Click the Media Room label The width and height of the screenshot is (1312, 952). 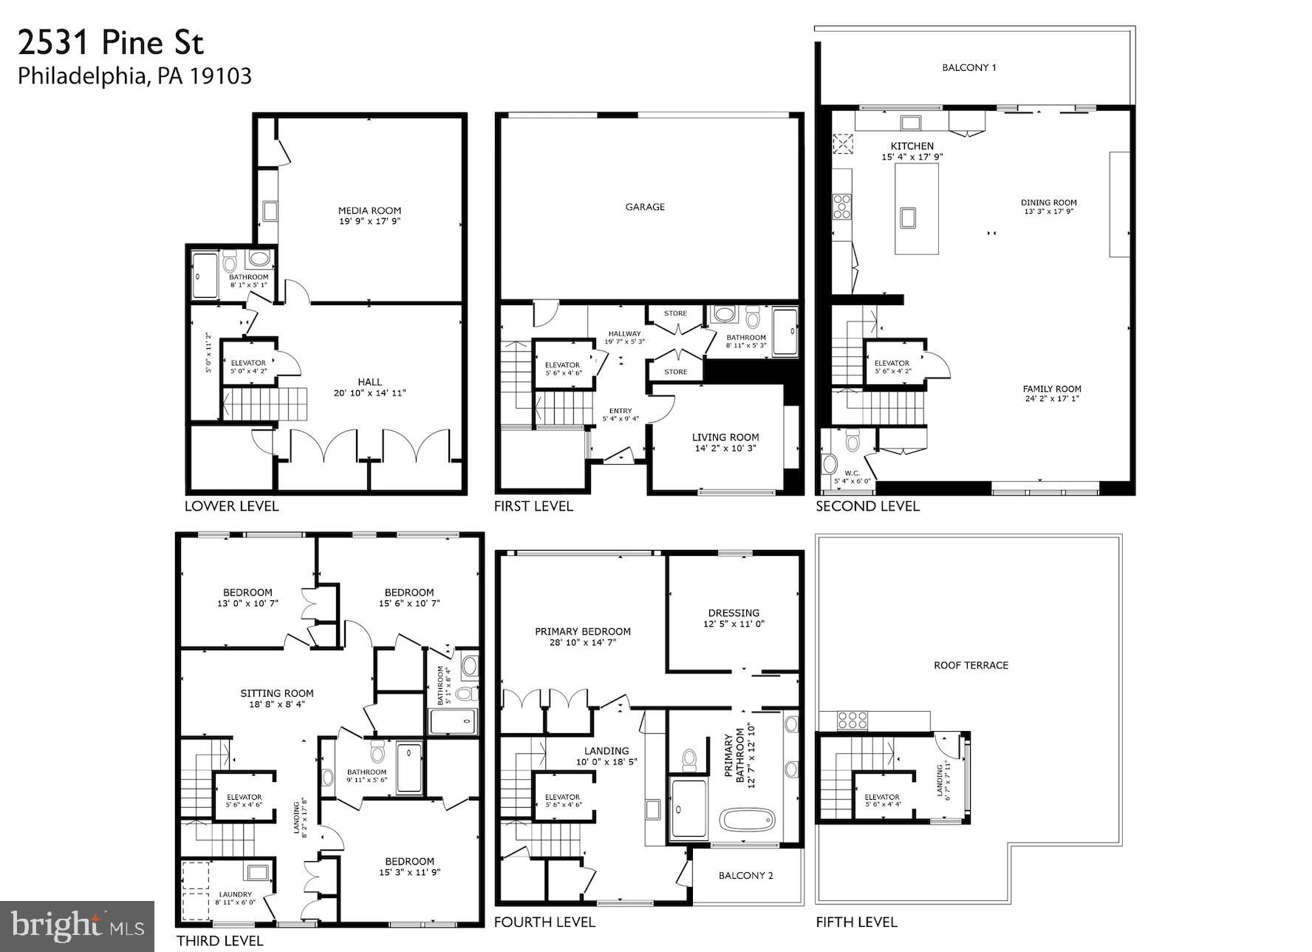pos(369,211)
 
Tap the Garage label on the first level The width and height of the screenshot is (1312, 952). pos(645,207)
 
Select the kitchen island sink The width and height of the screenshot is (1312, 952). pos(907,217)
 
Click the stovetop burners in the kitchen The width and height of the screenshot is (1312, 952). pos(842,206)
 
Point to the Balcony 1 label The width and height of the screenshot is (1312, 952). pos(969,67)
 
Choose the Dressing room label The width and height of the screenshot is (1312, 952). pos(734,613)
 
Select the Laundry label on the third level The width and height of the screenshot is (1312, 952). pos(235,894)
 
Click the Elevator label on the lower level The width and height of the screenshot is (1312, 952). pos(248,363)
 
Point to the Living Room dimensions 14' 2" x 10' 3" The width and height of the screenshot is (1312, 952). pos(725,448)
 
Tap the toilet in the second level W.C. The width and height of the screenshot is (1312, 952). pos(853,442)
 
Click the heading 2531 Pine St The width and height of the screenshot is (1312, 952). pos(111,43)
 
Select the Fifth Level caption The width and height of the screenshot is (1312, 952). pos(856,922)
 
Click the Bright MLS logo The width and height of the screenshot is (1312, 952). pos(77,926)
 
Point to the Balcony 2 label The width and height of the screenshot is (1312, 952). pos(746,876)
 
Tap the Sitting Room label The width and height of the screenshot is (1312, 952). pos(277,693)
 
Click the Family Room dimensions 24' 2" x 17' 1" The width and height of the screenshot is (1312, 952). pos(1052,399)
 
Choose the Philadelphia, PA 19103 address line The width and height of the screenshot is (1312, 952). pos(134,76)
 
